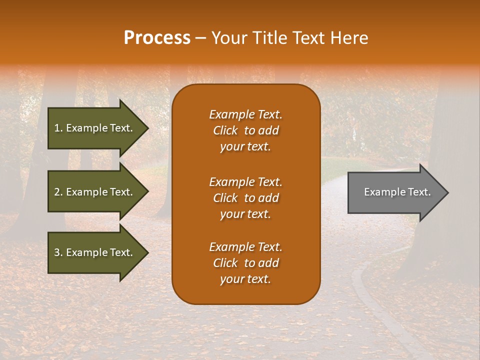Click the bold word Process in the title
(x=157, y=38)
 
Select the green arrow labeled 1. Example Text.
(x=93, y=128)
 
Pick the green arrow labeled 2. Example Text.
(x=93, y=192)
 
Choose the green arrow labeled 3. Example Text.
(x=93, y=252)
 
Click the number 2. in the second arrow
(x=58, y=192)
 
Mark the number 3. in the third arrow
(x=58, y=252)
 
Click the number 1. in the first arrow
(x=58, y=128)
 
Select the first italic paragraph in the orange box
(x=245, y=130)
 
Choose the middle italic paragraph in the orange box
(x=245, y=198)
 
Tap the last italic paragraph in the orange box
(x=245, y=263)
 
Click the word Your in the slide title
(x=227, y=38)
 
